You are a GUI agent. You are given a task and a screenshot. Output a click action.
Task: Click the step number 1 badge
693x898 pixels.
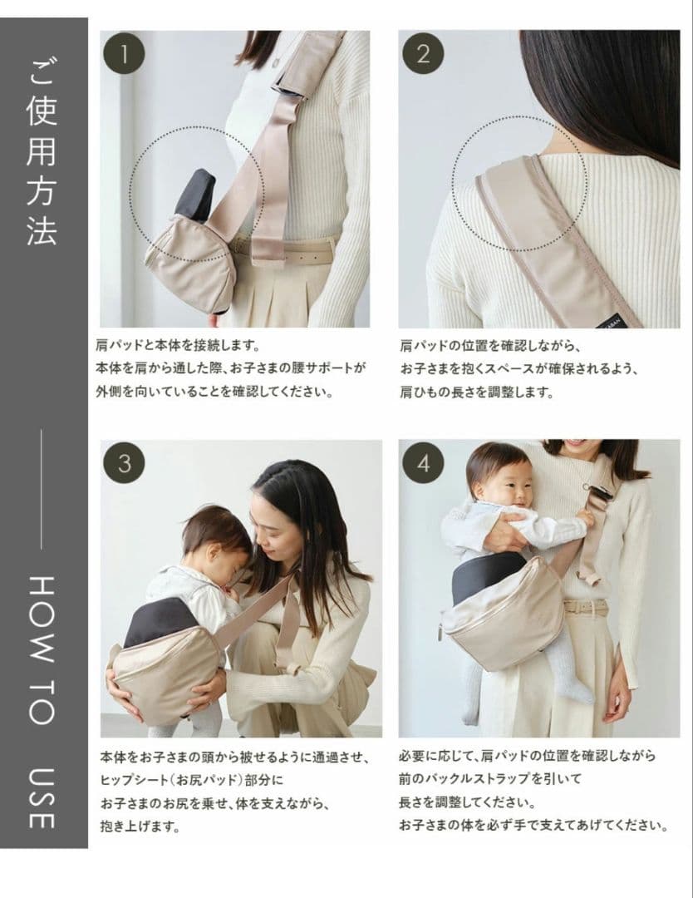coord(124,54)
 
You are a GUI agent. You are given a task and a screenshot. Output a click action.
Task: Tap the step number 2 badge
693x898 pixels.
coord(423,54)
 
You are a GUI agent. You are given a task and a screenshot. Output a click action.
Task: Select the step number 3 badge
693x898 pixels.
coord(124,463)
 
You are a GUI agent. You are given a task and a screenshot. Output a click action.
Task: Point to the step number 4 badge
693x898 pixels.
coord(423,463)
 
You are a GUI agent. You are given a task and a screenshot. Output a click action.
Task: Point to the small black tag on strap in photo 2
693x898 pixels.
coord(613,318)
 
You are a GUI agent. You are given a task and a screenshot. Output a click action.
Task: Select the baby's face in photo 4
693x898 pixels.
coord(512,486)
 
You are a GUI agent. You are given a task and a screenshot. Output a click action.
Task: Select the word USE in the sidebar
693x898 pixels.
coord(42,798)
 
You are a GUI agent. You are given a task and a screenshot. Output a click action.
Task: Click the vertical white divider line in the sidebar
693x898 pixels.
coord(42,489)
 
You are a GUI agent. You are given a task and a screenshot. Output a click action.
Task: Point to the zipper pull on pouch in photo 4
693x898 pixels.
coord(441,630)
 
